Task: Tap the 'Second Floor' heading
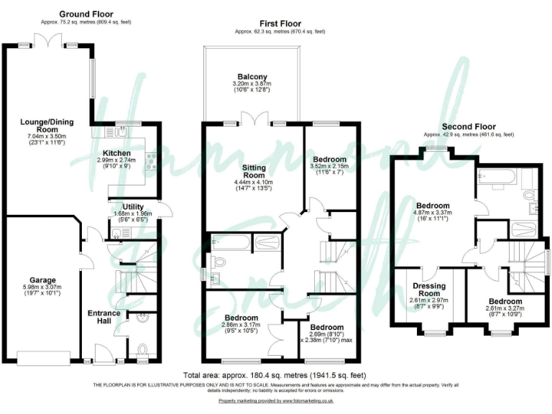pos(469,126)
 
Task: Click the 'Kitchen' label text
pos(116,153)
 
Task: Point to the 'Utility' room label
pos(133,206)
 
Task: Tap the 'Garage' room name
pos(42,280)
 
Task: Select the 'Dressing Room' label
pos(429,290)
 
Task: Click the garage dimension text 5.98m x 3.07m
pos(42,287)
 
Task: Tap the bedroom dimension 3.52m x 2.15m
pos(330,166)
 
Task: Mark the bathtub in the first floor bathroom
pos(229,242)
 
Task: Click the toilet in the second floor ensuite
pos(530,195)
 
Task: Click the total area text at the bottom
pos(275,376)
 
